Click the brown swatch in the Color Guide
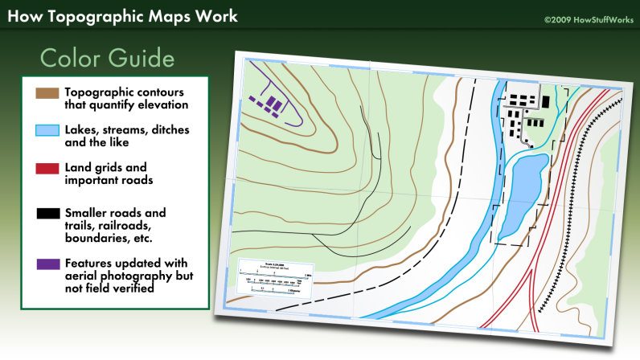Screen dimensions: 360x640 point(47,92)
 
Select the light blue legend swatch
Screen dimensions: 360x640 point(47,131)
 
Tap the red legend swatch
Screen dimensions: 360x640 point(47,170)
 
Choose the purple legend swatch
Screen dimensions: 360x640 point(47,263)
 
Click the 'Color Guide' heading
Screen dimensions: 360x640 point(106,59)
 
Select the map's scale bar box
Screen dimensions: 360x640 point(277,278)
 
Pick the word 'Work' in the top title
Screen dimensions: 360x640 point(215,16)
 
